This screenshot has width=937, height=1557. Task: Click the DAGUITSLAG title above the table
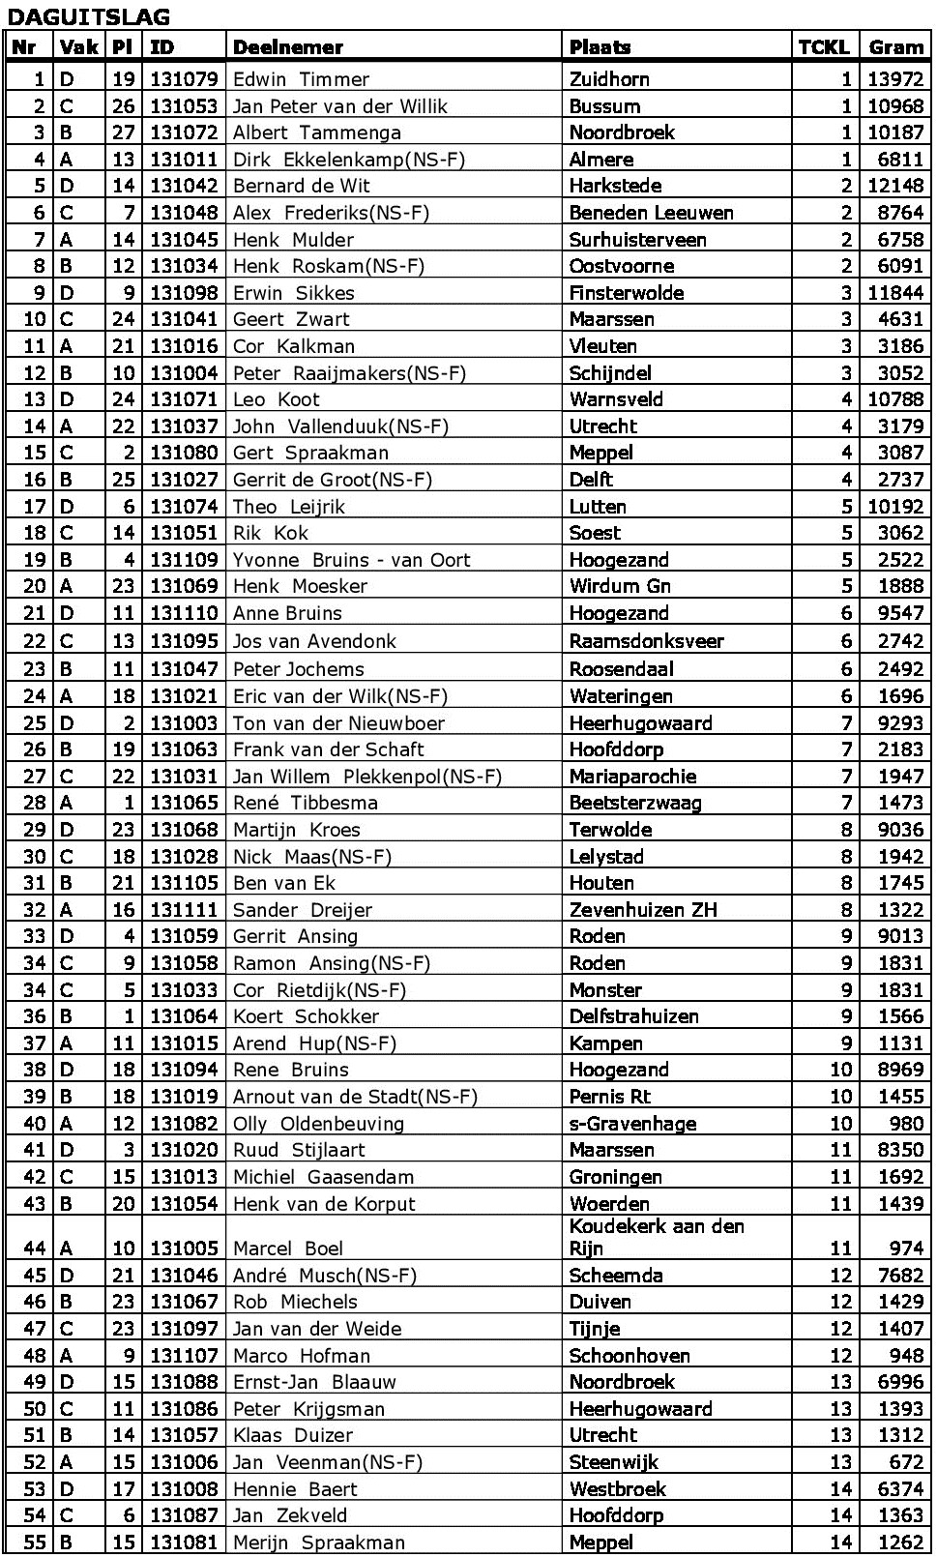(88, 16)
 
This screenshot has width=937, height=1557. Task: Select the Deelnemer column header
(288, 47)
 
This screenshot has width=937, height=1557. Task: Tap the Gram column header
(895, 47)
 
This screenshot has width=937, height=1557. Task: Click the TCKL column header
(823, 47)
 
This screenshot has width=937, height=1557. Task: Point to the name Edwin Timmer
(301, 79)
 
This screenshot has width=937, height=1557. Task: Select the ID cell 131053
(185, 106)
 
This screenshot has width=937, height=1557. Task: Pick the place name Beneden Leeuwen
(651, 213)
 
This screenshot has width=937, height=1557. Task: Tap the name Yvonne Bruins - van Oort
(351, 560)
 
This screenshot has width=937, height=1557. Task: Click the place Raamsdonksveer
(646, 640)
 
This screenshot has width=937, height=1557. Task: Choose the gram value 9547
(901, 613)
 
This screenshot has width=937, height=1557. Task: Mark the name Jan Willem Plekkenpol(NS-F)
(367, 777)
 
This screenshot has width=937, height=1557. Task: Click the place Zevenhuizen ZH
(643, 910)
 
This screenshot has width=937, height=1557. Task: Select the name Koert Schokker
(306, 1016)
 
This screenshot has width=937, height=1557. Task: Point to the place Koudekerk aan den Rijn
(656, 1237)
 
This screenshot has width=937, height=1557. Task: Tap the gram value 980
(907, 1124)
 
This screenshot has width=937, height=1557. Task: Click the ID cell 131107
(185, 1356)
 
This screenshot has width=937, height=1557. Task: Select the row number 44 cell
(35, 1249)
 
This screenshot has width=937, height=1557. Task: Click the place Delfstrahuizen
(633, 1016)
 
